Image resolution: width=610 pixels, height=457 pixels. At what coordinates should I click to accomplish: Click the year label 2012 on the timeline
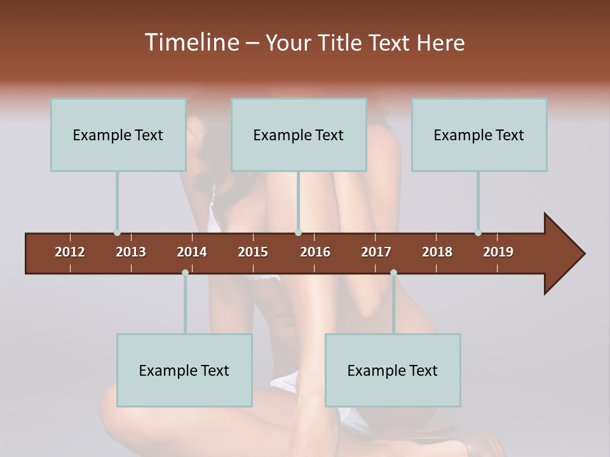[x=70, y=252]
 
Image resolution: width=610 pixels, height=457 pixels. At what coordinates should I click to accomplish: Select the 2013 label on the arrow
[x=131, y=252]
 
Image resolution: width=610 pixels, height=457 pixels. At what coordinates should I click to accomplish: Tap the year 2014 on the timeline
[x=192, y=252]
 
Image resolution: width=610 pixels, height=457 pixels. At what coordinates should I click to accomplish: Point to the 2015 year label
[x=253, y=252]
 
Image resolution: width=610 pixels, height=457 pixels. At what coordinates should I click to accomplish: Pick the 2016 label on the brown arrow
[x=315, y=252]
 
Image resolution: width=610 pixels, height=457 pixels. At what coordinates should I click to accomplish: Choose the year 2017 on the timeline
[x=376, y=252]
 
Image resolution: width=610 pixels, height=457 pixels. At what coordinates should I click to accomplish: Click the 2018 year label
[x=437, y=252]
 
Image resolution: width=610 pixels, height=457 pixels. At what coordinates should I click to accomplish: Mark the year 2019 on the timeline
[x=498, y=252]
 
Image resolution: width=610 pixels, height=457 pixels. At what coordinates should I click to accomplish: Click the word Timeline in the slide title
[x=191, y=43]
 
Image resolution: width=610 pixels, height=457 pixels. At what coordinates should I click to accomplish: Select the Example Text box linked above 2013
[x=118, y=135]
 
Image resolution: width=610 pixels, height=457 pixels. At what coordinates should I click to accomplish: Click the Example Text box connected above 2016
[x=299, y=135]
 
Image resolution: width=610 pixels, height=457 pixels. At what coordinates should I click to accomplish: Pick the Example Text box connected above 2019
[x=479, y=135]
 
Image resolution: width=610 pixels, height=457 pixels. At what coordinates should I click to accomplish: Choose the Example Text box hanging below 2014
[x=184, y=370]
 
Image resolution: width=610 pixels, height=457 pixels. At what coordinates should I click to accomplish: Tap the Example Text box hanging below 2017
[x=393, y=370]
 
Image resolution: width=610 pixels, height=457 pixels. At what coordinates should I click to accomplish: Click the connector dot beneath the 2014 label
[x=185, y=272]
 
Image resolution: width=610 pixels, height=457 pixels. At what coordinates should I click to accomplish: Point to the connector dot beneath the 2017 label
[x=393, y=272]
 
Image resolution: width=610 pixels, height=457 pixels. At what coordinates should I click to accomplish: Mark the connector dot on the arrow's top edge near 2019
[x=478, y=233]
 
